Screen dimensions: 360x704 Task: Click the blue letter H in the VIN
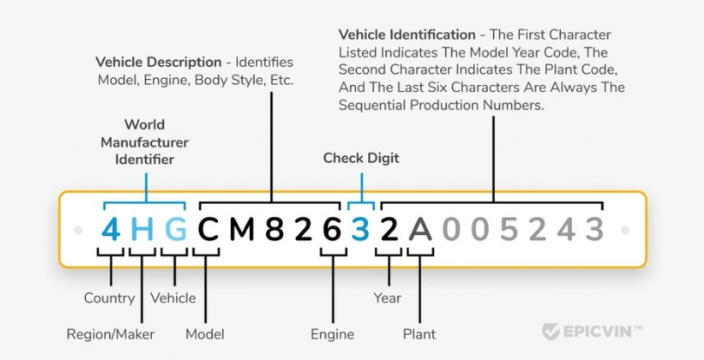click(x=142, y=229)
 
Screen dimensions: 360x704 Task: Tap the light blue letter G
click(x=175, y=229)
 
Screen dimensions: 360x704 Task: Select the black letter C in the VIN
click(x=209, y=229)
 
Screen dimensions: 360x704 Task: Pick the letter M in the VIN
click(x=243, y=229)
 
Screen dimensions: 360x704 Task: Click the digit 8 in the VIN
click(x=274, y=229)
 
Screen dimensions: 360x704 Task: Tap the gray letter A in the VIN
click(x=421, y=229)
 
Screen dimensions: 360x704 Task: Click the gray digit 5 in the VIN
click(x=509, y=229)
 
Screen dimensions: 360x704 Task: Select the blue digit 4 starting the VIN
click(x=111, y=229)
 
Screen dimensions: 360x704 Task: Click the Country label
click(x=109, y=298)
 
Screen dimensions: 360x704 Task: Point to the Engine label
click(x=332, y=334)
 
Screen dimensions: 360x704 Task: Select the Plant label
click(x=419, y=334)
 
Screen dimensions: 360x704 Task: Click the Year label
click(x=387, y=298)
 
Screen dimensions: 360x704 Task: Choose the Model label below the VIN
click(x=205, y=334)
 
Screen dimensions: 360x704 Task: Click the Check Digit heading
click(x=360, y=158)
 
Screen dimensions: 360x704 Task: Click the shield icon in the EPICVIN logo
click(x=550, y=331)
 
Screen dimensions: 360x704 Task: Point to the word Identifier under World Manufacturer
click(x=144, y=160)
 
